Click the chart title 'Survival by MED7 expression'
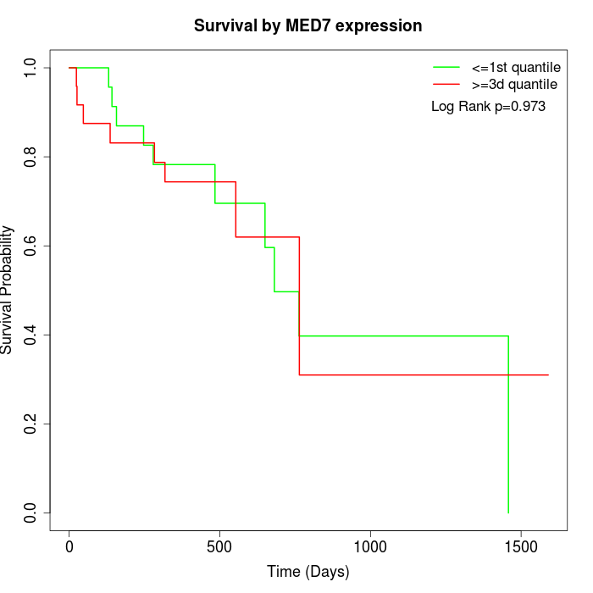308,25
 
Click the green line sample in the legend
446,67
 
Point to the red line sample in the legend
446,85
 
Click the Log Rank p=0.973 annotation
488,107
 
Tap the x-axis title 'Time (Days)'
308,572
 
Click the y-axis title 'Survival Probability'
8,290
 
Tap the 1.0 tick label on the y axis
30,68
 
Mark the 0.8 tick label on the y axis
30,157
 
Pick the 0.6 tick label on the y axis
30,246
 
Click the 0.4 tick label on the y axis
30,335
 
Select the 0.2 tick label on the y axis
30,424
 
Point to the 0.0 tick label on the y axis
30,513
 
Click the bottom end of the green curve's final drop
508,513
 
